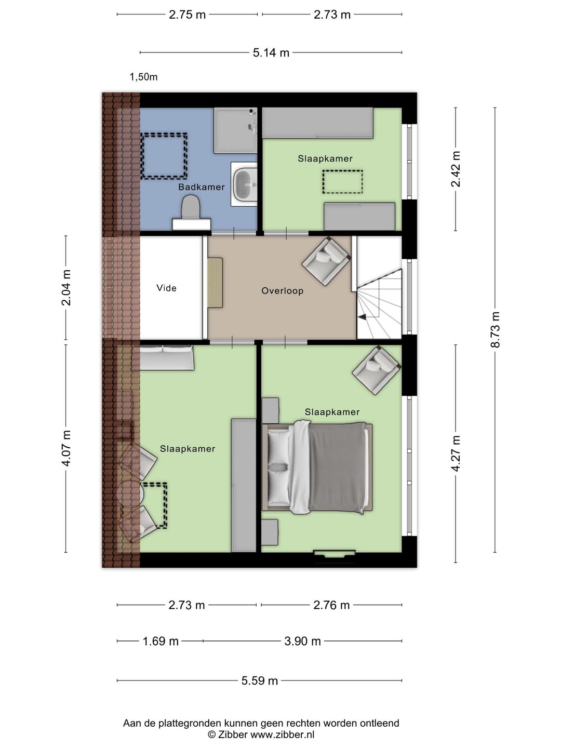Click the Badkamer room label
202,187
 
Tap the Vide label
167,288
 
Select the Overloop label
283,291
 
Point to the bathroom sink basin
244,184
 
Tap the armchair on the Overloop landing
326,261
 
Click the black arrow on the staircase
362,317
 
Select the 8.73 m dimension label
495,329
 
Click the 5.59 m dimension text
260,680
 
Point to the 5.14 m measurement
271,52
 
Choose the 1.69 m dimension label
161,641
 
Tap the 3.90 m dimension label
302,641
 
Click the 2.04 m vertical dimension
66,288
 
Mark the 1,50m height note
143,77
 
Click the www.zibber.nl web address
283,734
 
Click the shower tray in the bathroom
235,130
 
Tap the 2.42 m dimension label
456,169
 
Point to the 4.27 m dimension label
456,453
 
